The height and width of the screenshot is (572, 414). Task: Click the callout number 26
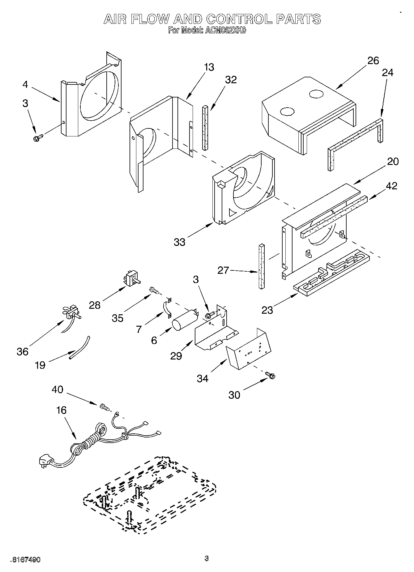pos(373,60)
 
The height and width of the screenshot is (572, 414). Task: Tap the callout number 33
pos(179,242)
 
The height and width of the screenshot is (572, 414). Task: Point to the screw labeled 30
pos(271,375)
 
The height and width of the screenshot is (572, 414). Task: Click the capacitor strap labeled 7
pos(168,308)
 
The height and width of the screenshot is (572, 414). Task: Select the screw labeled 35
pos(154,290)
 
